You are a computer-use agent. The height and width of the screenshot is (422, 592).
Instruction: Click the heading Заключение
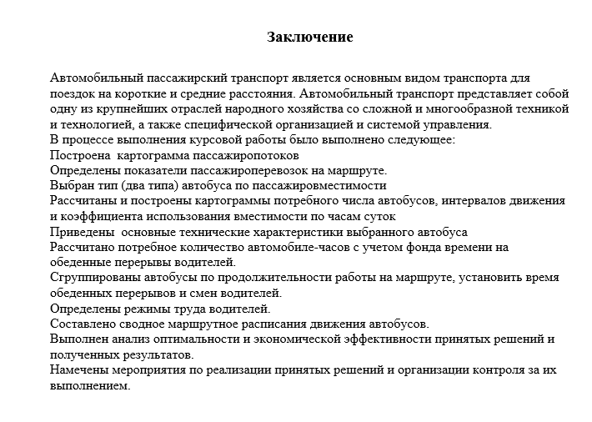[310, 38]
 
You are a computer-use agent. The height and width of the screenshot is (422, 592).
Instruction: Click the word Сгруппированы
[94, 278]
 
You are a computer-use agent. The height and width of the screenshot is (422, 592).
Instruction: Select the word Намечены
[79, 369]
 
